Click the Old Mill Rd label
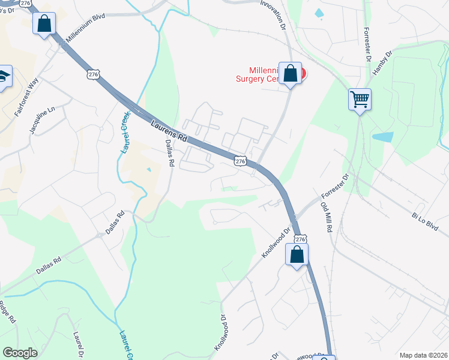[x=327, y=217]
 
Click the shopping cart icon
[x=360, y=99]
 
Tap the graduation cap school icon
[x=3, y=76]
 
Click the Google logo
[x=20, y=353]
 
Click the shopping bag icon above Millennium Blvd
[x=44, y=25]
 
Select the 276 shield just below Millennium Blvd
[x=92, y=74]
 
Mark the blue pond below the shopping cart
[x=382, y=137]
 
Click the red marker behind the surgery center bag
[x=302, y=74]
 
